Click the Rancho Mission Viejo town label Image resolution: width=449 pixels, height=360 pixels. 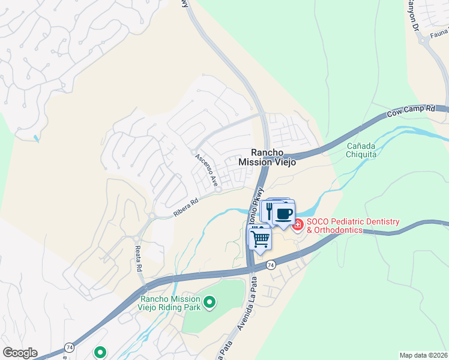(267, 157)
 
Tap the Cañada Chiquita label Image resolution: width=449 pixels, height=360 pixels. (361, 150)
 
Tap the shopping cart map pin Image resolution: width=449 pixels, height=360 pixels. (260, 239)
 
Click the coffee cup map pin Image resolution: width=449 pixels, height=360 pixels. (284, 214)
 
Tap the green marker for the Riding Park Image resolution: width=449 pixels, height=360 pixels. (209, 304)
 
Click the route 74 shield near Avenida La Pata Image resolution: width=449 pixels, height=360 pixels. (271, 264)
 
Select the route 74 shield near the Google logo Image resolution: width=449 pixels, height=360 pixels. (70, 347)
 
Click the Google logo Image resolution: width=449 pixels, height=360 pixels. (20, 353)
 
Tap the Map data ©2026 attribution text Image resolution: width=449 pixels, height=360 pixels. (423, 355)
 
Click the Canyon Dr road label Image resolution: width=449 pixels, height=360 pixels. (413, 17)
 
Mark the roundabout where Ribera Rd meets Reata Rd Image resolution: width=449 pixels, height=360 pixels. (152, 217)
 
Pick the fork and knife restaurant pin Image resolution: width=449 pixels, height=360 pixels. (268, 211)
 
